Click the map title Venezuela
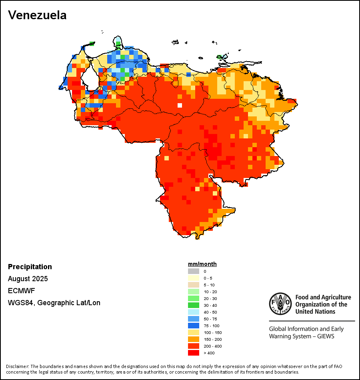tap(37, 15)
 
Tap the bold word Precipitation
tap(30, 267)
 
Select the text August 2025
tap(28, 279)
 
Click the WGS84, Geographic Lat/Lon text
tap(54, 303)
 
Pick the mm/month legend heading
tap(202, 264)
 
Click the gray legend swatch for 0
tap(194, 271)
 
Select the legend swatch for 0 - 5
tap(194, 278)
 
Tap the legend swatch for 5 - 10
tap(194, 285)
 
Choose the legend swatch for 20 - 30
tap(194, 298)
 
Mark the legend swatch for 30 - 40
tap(194, 305)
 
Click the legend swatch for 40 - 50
tap(194, 312)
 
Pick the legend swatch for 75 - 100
tap(194, 326)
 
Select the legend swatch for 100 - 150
tap(194, 332)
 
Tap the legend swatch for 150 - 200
tap(194, 339)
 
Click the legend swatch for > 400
tap(194, 353)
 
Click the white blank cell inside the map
tap(180, 106)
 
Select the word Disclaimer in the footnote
tap(17, 366)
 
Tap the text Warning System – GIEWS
tap(302, 336)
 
